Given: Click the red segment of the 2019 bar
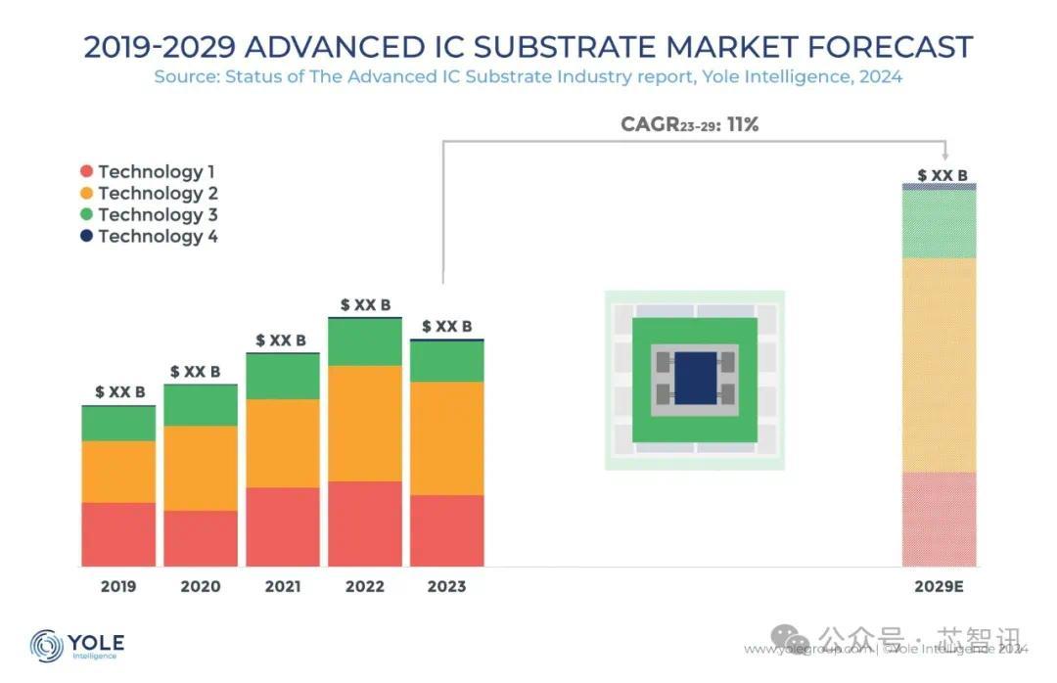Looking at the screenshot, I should point(118,534).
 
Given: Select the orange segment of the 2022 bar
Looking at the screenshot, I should point(365,423).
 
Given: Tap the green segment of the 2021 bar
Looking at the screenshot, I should point(283,376).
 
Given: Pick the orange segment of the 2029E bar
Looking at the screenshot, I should point(939,365).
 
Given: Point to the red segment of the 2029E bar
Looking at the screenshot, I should point(939,519).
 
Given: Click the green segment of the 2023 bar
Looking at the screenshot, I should point(447,361).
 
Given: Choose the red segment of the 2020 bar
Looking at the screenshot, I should point(201,538).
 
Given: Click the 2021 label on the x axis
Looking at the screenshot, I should point(283,587).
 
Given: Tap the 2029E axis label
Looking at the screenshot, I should point(939,587).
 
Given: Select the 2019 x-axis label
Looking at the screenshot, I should point(118,587).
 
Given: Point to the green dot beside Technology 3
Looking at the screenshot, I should point(87,215).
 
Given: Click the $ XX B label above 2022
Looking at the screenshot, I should point(365,305).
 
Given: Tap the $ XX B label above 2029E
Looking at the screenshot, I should point(942,176).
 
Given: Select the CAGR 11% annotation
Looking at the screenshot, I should point(689,125).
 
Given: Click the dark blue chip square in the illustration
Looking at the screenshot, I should point(696,379).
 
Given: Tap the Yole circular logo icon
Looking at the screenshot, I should point(47,646).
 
